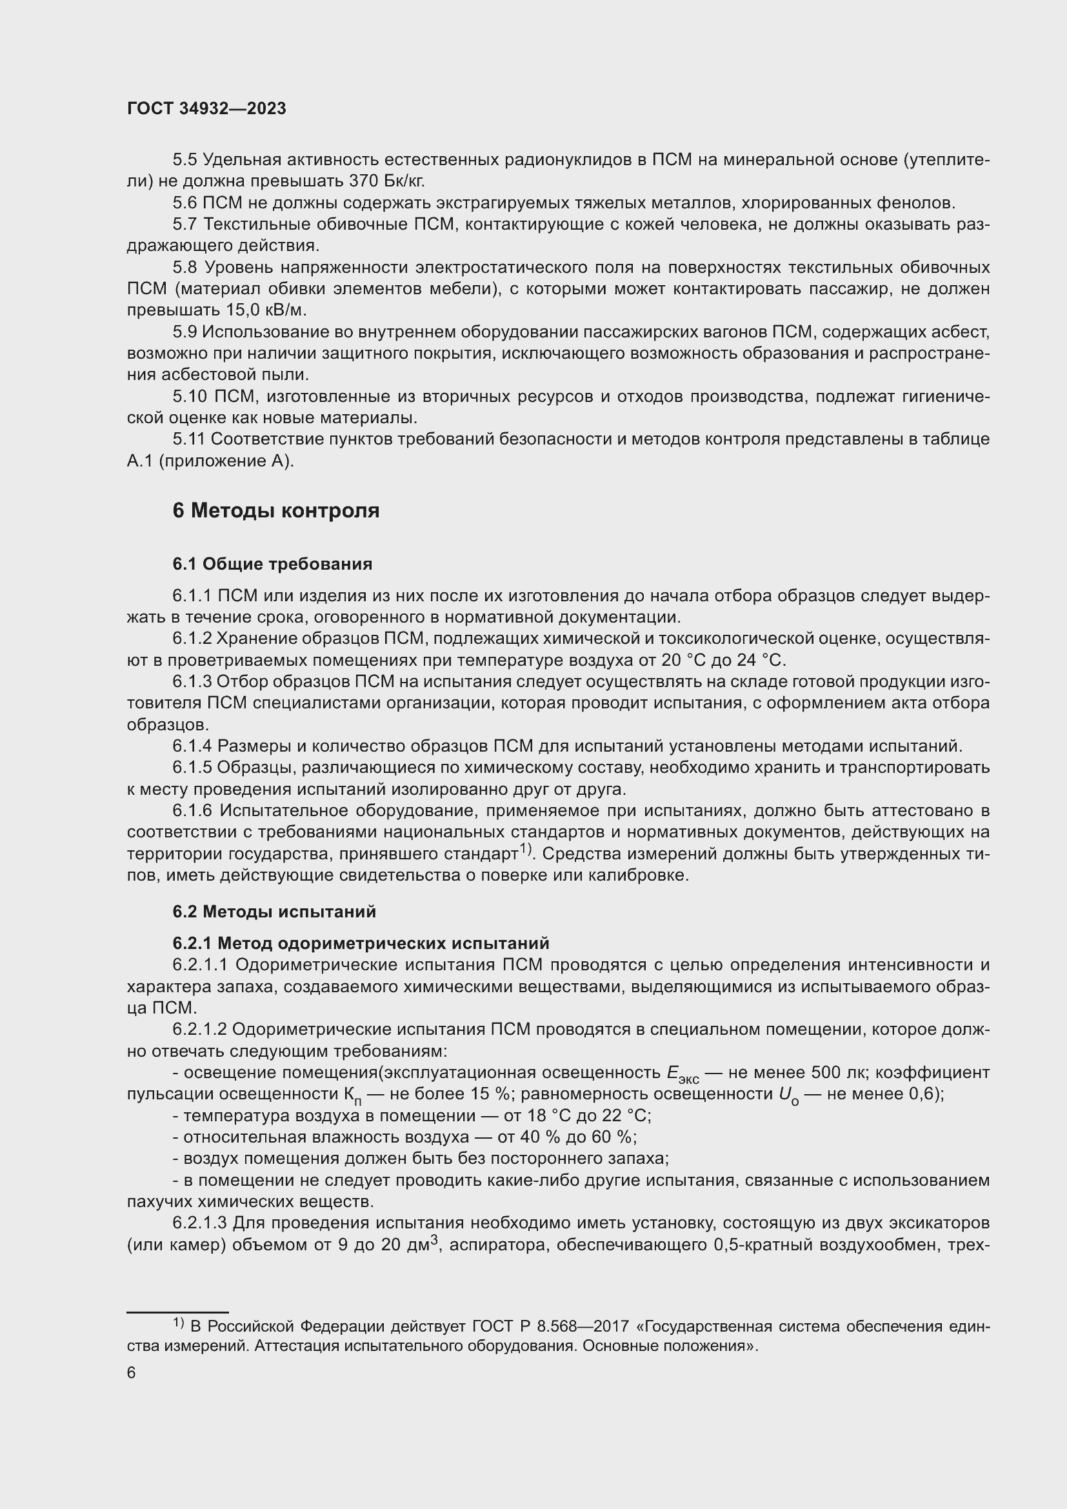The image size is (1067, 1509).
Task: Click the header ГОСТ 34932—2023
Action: (206, 109)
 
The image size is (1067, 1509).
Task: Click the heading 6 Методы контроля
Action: (276, 511)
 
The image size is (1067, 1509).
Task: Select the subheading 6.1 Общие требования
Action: (272, 564)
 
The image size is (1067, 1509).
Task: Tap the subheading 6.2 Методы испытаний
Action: (274, 912)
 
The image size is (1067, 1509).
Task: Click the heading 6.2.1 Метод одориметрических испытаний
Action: (361, 944)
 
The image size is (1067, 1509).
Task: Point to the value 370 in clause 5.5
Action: (363, 181)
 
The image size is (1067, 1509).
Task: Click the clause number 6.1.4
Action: (192, 746)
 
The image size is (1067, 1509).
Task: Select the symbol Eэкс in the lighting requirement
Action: (681, 1074)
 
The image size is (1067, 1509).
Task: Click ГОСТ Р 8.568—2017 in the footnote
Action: (548, 1327)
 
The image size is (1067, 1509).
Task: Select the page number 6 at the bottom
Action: (132, 1373)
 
